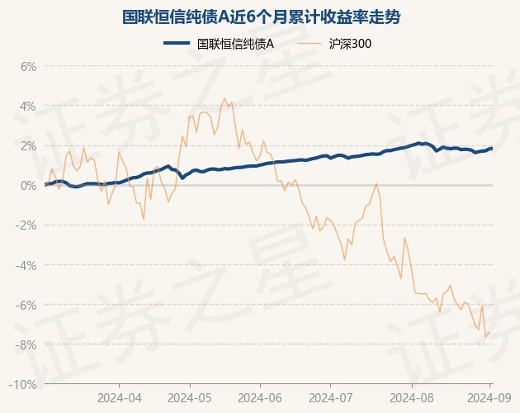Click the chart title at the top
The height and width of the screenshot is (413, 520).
[x=260, y=16]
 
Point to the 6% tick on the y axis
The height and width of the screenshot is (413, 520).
[x=29, y=66]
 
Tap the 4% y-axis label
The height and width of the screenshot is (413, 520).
[x=29, y=106]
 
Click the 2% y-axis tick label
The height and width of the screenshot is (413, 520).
[x=29, y=145]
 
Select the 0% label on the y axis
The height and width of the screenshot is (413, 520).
[x=29, y=185]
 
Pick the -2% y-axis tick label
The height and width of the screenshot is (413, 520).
[x=27, y=225]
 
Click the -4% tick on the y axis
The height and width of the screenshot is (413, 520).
[x=27, y=265]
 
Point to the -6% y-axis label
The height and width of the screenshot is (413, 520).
[x=27, y=305]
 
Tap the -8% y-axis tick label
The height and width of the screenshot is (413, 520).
[x=27, y=344]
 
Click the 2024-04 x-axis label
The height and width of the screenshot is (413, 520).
[x=119, y=398]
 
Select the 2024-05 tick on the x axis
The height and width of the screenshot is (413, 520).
[x=190, y=398]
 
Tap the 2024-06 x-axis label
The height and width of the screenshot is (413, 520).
[x=260, y=398]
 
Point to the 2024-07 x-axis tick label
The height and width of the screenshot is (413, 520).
[x=330, y=398]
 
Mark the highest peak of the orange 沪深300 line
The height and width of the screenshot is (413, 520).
[x=225, y=98]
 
